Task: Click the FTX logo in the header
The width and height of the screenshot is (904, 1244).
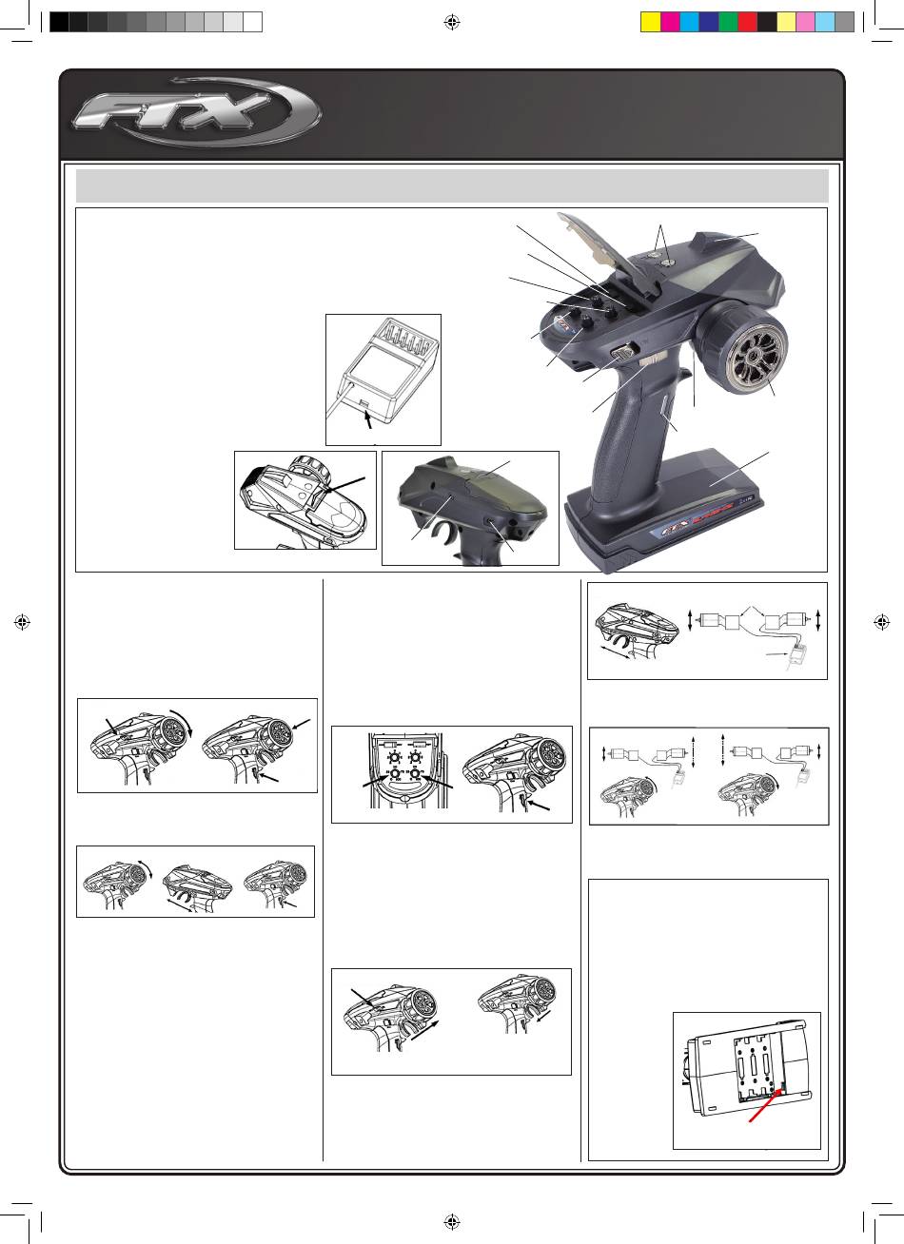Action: click(196, 111)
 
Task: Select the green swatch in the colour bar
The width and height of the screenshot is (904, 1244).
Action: click(727, 22)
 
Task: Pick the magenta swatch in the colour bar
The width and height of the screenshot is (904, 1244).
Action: click(670, 22)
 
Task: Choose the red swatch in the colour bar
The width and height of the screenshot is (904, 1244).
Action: click(747, 22)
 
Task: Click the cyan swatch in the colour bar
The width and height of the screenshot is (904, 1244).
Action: click(689, 22)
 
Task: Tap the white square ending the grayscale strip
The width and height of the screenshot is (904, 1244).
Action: click(252, 22)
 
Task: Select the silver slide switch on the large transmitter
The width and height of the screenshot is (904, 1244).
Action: click(625, 352)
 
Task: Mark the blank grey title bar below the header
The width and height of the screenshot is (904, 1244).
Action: click(452, 186)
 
